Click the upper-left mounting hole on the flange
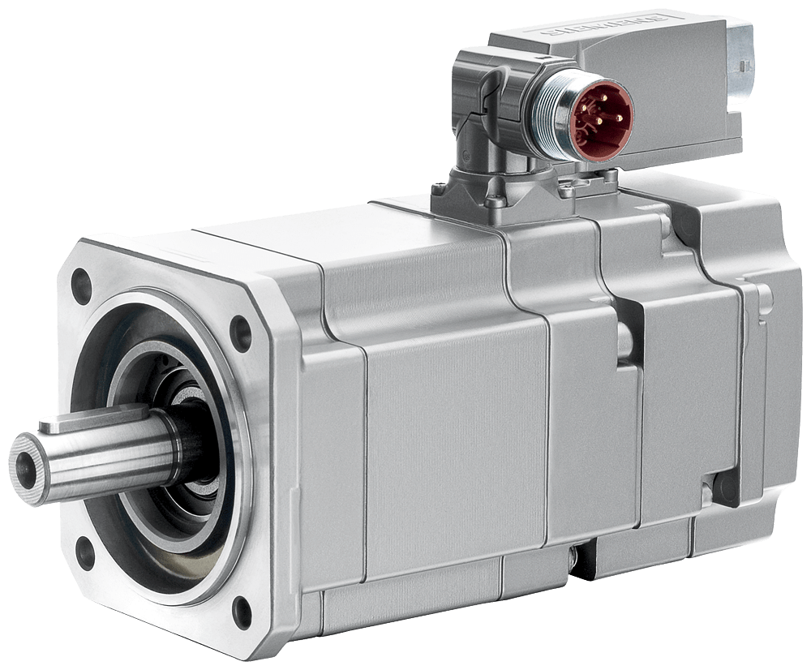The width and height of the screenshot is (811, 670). pyautogui.click(x=81, y=285)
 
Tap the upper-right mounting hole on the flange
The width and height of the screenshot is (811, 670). pyautogui.click(x=240, y=329)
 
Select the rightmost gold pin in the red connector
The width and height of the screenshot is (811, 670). pyautogui.click(x=619, y=118)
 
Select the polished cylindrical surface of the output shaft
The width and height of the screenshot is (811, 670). pyautogui.click(x=122, y=450)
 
